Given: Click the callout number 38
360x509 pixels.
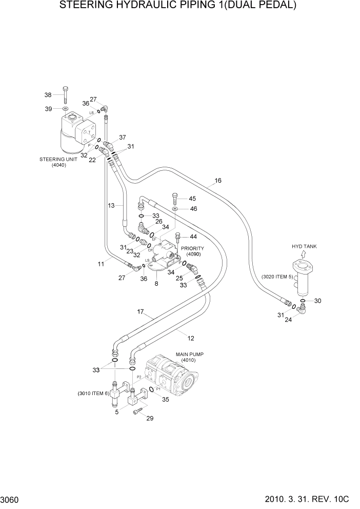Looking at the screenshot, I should click(48, 95).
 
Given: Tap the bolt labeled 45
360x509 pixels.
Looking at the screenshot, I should click(175, 198).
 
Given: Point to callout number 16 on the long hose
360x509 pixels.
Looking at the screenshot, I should click(218, 181).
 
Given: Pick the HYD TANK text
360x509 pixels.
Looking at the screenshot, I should click(304, 246).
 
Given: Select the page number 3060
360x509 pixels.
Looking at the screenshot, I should click(11, 498).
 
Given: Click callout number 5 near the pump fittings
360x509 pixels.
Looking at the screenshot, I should click(116, 412).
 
